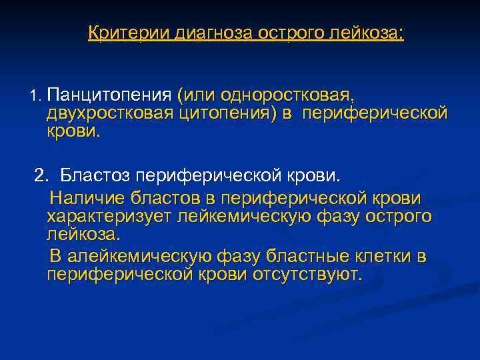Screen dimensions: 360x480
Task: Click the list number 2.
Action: tap(42, 177)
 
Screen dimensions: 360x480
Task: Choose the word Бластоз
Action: tap(95, 177)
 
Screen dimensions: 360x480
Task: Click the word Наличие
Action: tap(88, 199)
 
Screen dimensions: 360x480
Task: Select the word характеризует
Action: tap(109, 217)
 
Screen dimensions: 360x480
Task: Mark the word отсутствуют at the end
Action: tap(305, 275)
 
